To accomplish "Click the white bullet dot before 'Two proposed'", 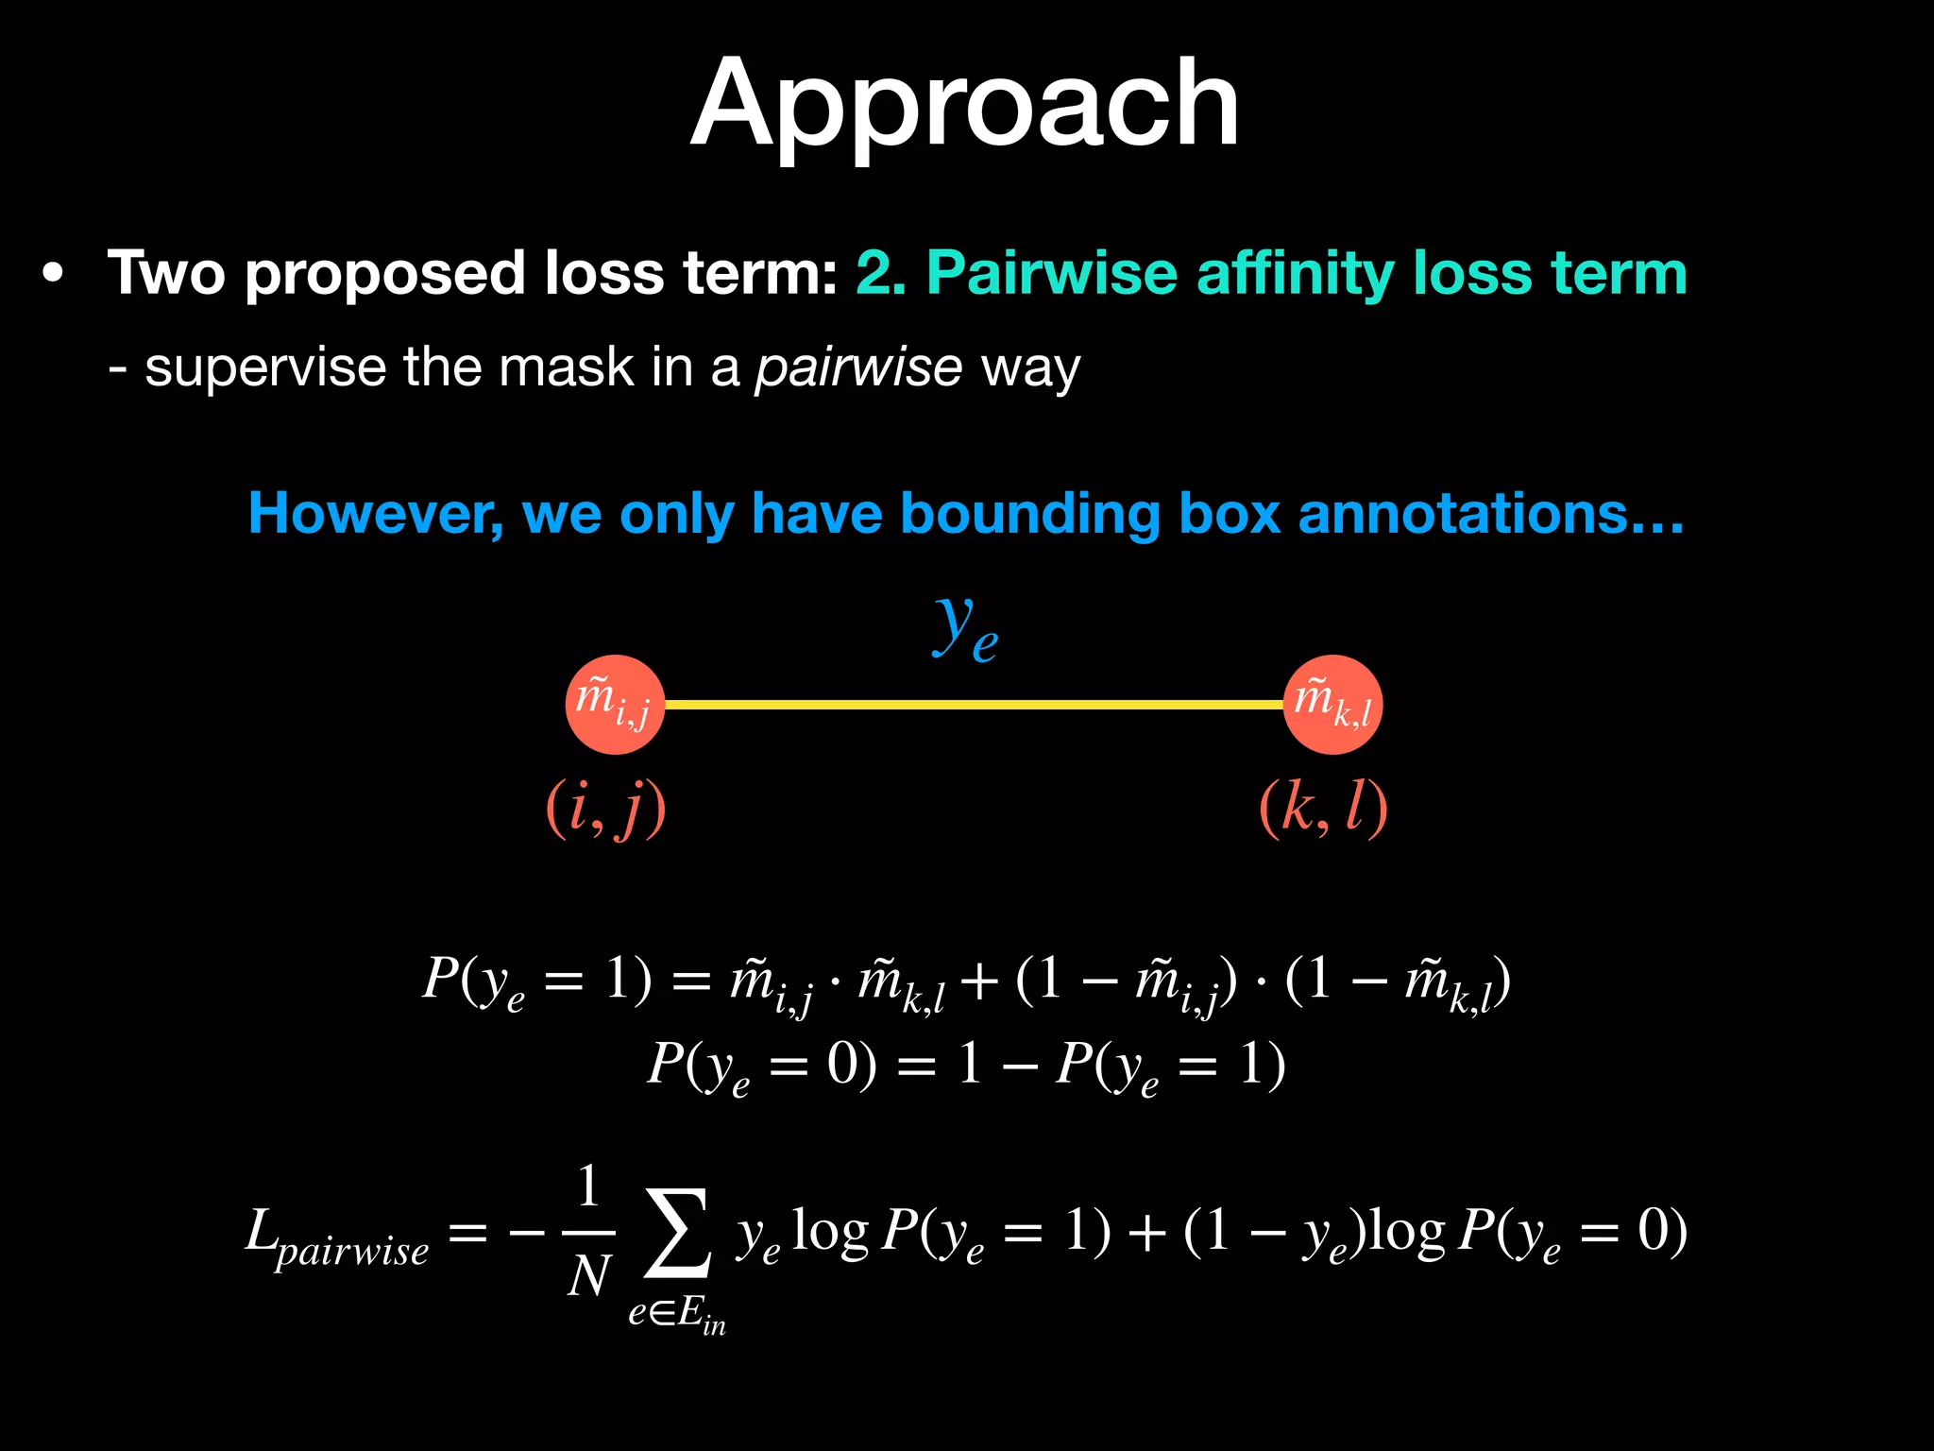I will [x=54, y=274].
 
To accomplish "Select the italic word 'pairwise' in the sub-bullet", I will [x=857, y=368].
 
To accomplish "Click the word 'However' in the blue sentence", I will [x=375, y=515].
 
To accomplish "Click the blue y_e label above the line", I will [x=965, y=628].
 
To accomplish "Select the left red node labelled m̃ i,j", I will [x=615, y=705].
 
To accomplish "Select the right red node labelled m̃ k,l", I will [x=1332, y=705].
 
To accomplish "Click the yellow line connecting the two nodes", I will [x=973, y=705].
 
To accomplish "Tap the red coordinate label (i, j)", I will [x=605, y=809].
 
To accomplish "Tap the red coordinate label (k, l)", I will [x=1323, y=809].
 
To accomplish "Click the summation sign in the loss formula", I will [x=677, y=1233].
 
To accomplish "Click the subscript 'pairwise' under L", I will [x=352, y=1253].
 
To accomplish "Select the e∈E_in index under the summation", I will [x=677, y=1314].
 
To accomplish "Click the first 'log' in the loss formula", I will [x=829, y=1233].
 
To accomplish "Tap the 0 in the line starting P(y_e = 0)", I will [x=841, y=1066].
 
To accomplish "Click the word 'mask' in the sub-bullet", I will [x=566, y=368].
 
